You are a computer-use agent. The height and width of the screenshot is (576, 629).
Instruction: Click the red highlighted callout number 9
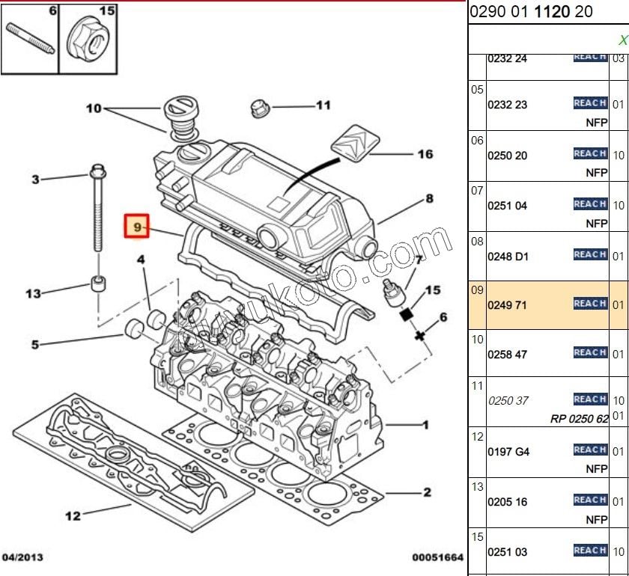click(136, 226)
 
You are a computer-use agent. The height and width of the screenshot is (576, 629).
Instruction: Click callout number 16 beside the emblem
click(425, 155)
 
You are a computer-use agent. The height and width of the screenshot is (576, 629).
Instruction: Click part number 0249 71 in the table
click(508, 304)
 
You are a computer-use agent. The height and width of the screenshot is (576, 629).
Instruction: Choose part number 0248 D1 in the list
click(508, 257)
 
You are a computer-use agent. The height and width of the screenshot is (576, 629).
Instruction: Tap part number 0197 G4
click(508, 452)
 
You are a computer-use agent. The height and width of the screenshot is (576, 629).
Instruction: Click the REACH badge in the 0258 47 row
click(590, 352)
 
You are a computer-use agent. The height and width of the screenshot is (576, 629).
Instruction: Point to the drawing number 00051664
click(437, 557)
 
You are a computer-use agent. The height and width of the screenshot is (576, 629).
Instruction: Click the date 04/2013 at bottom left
click(23, 557)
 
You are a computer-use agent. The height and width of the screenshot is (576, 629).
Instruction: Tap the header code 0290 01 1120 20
click(531, 12)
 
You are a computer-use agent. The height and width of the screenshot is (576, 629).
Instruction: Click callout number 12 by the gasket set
click(73, 515)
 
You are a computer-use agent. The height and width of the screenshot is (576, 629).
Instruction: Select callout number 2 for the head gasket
click(427, 492)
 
